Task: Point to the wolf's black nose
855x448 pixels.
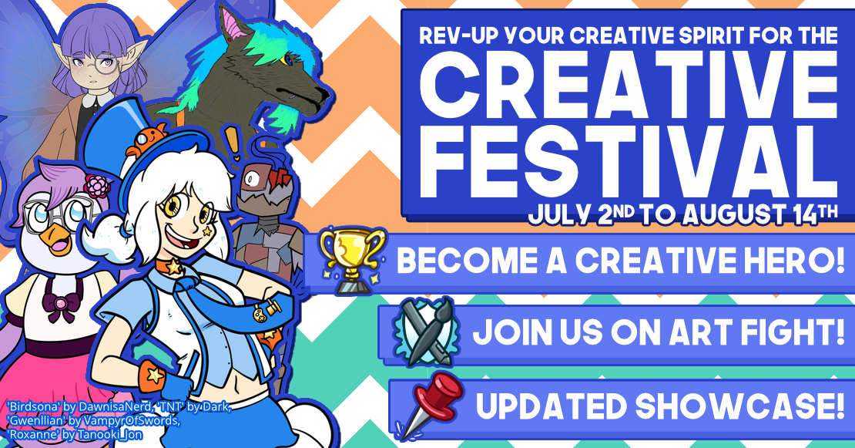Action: click(324, 95)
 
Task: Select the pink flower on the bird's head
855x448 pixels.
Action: click(97, 186)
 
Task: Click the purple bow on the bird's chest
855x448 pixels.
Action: click(61, 306)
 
